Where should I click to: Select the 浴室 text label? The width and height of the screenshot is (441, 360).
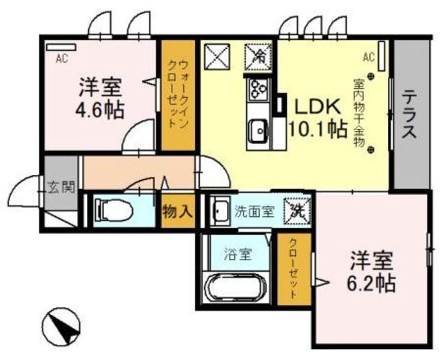tap(237, 253)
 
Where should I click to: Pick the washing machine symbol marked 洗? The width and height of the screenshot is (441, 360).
tap(297, 209)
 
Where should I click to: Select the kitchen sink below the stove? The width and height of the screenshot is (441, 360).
tap(258, 129)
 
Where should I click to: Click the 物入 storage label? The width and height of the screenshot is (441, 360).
tap(177, 211)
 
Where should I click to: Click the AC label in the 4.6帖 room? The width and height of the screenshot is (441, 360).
tap(61, 59)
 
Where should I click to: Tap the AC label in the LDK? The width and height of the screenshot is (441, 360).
tap(367, 56)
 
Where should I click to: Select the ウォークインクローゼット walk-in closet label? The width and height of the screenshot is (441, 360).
tap(177, 96)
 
